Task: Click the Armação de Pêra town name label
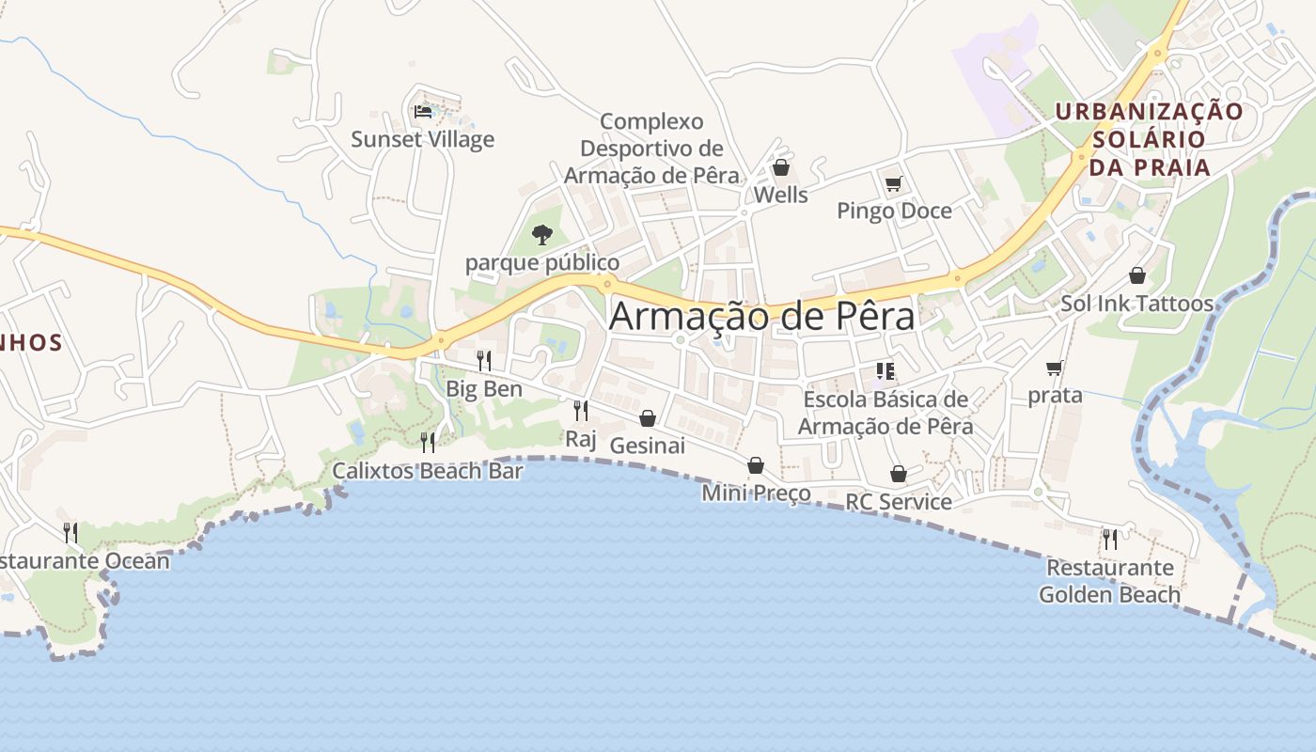(x=761, y=317)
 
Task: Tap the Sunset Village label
(x=422, y=140)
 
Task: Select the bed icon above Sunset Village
(x=423, y=112)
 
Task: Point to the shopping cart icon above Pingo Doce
(x=893, y=183)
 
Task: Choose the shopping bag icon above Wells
(x=780, y=168)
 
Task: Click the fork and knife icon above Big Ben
(x=483, y=360)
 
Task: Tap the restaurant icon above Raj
(x=580, y=411)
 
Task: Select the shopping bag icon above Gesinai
(x=647, y=418)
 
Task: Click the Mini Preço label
(x=756, y=493)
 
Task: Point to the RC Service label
(x=899, y=502)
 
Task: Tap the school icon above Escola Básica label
(x=885, y=371)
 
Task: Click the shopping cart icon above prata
(x=1054, y=368)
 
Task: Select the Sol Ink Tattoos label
(x=1136, y=304)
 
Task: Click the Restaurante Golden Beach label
(x=1109, y=581)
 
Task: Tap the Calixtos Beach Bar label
(x=427, y=471)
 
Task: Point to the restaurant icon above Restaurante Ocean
(x=70, y=533)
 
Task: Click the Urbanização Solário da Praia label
(x=1149, y=139)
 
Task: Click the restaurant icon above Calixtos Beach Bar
(x=428, y=442)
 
